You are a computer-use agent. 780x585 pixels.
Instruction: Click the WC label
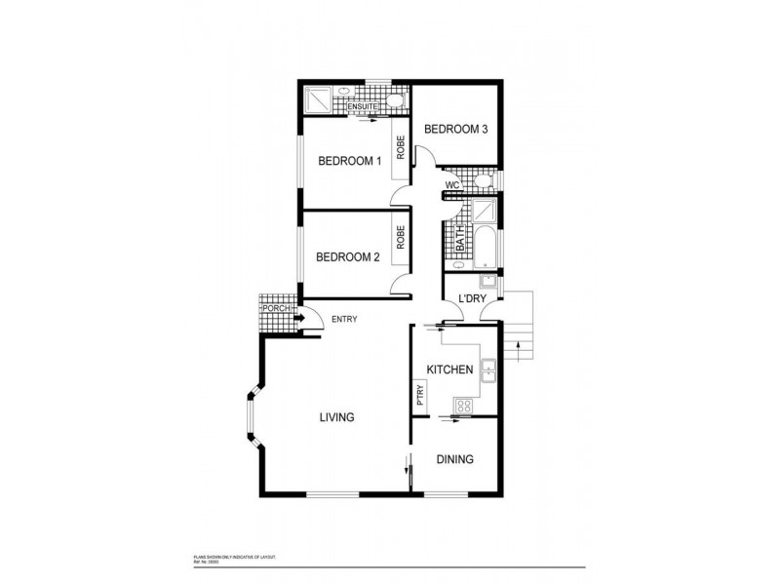[x=451, y=184]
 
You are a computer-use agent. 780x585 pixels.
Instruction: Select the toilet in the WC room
[x=486, y=182]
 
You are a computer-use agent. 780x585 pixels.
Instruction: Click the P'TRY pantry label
[x=419, y=396]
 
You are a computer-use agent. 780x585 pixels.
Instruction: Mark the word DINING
[x=454, y=459]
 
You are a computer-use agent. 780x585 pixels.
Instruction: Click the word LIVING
[x=336, y=417]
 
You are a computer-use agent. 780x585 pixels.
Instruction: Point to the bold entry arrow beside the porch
[x=299, y=316]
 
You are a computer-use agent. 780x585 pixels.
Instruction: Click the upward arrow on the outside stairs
[x=520, y=342]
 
